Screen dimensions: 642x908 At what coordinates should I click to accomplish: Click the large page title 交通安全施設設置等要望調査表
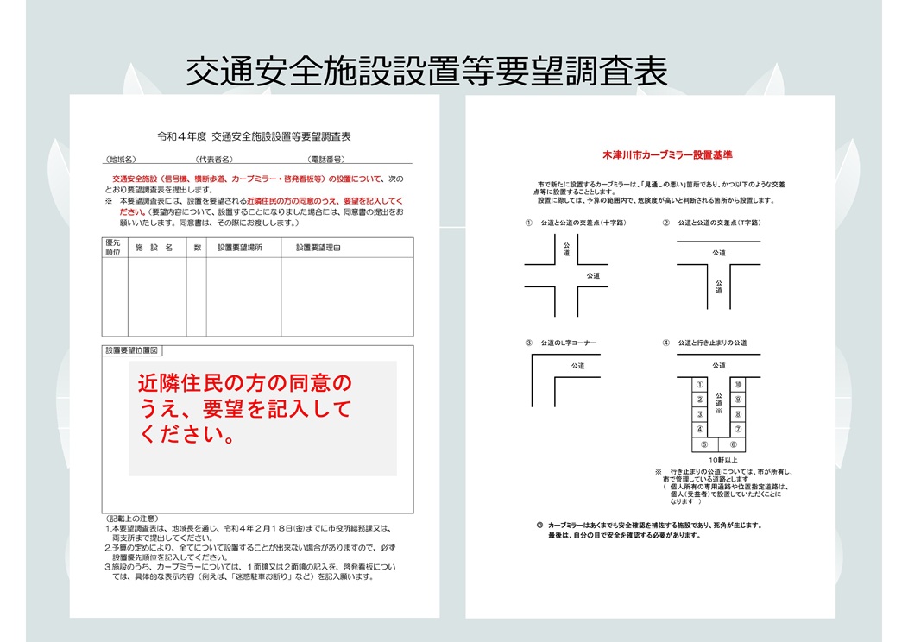tap(427, 72)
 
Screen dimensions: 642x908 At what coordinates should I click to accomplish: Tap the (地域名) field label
tap(122, 160)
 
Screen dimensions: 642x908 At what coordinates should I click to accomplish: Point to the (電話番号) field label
tap(326, 160)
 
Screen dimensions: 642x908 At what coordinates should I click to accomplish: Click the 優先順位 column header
tap(112, 248)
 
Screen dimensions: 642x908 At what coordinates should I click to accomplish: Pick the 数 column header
tap(197, 248)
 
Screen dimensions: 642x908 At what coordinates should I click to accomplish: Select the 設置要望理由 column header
tap(318, 248)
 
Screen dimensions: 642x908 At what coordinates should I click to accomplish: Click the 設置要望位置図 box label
tap(133, 351)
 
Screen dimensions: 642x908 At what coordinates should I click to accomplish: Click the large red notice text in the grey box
tap(246, 408)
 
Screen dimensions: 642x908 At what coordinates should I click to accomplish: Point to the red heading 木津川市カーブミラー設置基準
tap(667, 156)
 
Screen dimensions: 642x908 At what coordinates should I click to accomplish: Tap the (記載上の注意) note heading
tap(132, 518)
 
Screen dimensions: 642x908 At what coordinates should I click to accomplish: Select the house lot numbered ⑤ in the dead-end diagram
tap(705, 444)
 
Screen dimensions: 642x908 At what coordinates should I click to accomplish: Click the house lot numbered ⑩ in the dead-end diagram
tap(737, 384)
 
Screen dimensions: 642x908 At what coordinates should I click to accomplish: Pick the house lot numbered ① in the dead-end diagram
tap(700, 384)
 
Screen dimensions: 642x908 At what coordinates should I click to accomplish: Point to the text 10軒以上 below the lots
tap(719, 459)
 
